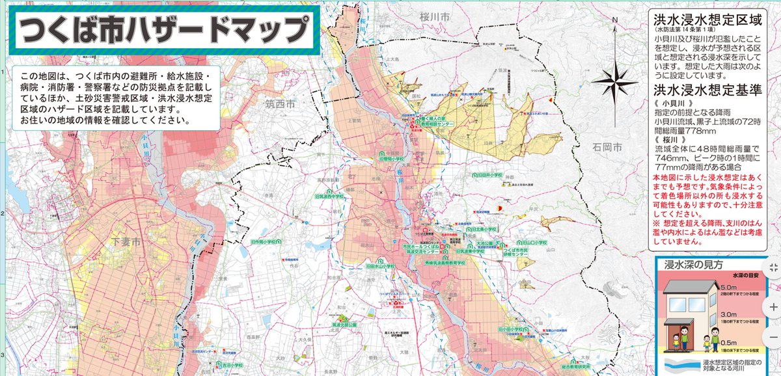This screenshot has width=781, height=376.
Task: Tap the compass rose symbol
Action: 614,81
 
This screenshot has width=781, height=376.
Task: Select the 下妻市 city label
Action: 127,242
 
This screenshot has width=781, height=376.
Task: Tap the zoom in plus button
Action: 773,306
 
